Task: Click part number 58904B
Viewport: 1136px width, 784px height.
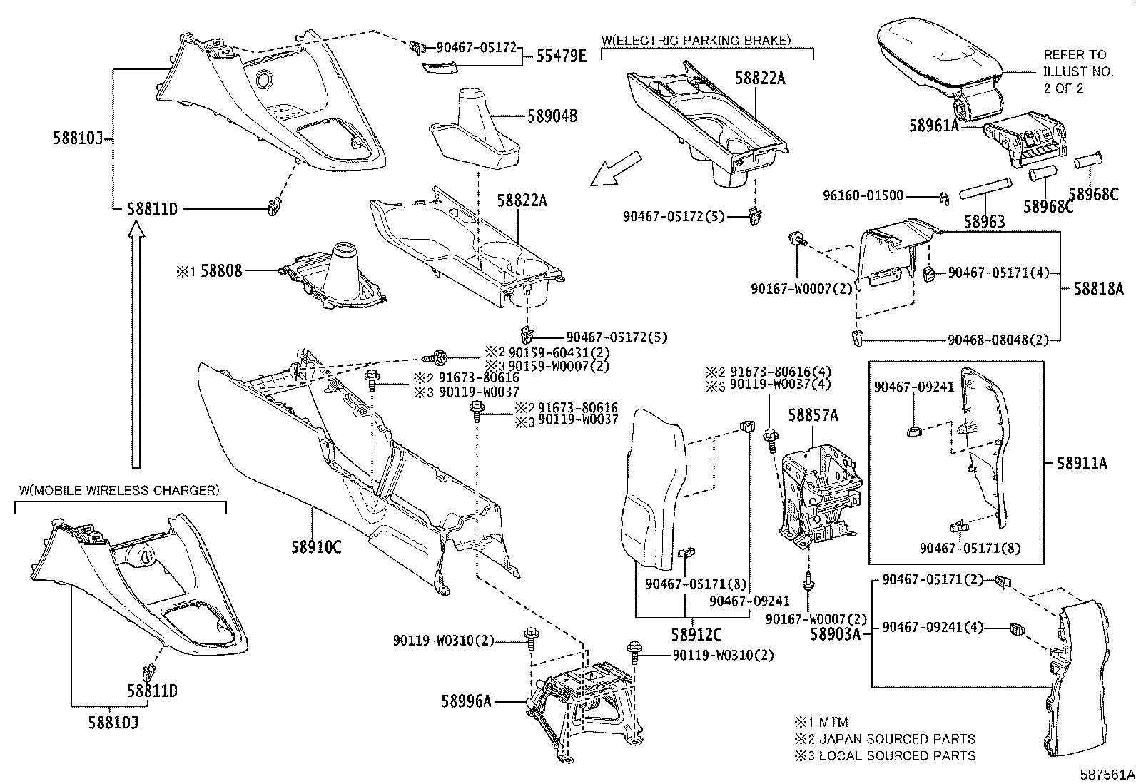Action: coord(553,116)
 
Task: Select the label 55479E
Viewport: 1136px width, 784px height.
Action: coord(561,56)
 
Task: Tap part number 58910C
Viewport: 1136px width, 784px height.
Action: coord(316,547)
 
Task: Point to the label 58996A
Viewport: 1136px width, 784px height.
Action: coord(466,701)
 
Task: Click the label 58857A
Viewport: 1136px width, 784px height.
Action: coord(813,414)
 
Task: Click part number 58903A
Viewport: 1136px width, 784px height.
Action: coord(836,633)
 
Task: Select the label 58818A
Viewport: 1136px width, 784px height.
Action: coord(1099,288)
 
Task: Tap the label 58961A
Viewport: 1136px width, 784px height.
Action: coord(934,126)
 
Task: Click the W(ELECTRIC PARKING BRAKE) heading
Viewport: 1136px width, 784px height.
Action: coord(696,40)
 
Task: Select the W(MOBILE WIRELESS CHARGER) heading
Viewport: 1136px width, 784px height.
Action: coord(118,490)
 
